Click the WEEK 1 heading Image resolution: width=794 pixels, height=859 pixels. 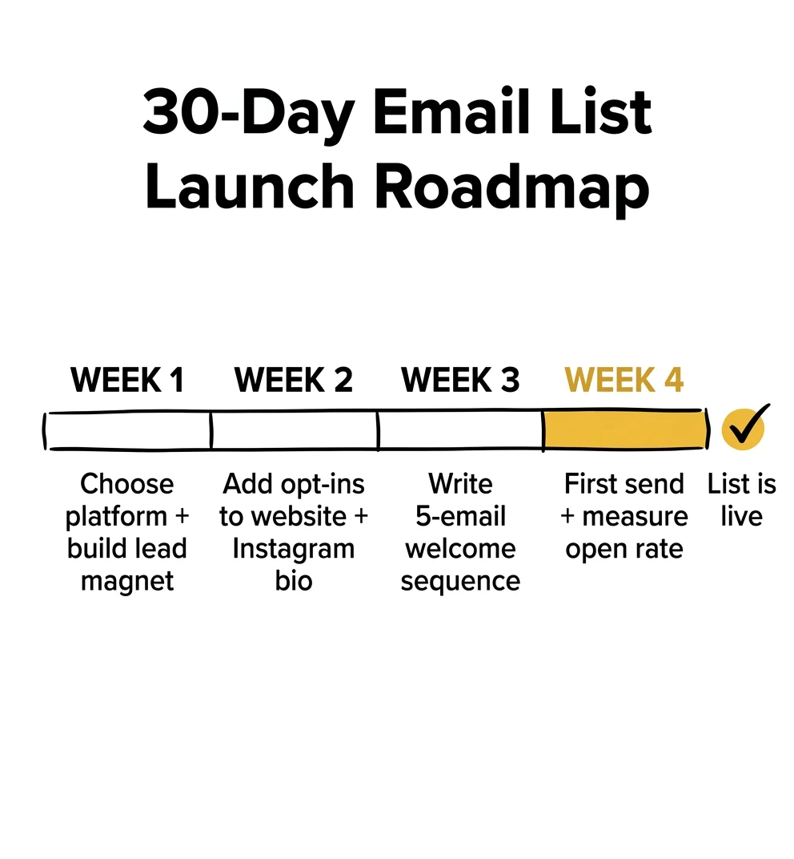click(127, 380)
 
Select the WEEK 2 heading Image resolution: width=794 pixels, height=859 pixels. click(294, 380)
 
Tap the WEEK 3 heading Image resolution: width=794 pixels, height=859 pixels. click(460, 380)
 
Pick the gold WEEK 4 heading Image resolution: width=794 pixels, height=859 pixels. click(624, 380)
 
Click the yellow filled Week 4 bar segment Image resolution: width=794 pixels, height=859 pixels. click(624, 430)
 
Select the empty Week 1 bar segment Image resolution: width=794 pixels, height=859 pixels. click(128, 430)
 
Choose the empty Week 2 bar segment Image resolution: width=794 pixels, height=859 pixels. click(294, 430)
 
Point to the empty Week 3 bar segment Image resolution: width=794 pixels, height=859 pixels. click(460, 430)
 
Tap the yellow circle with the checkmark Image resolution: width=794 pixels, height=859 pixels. click(743, 429)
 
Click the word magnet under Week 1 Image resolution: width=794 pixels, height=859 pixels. click(127, 582)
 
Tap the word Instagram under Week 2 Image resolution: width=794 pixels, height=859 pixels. click(294, 549)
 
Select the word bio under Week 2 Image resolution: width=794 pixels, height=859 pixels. click(294, 581)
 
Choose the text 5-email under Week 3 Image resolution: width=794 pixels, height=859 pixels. click(460, 517)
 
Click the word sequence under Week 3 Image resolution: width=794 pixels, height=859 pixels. click(460, 581)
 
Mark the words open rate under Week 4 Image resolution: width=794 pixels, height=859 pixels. click(624, 550)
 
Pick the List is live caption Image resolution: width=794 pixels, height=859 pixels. click(741, 500)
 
